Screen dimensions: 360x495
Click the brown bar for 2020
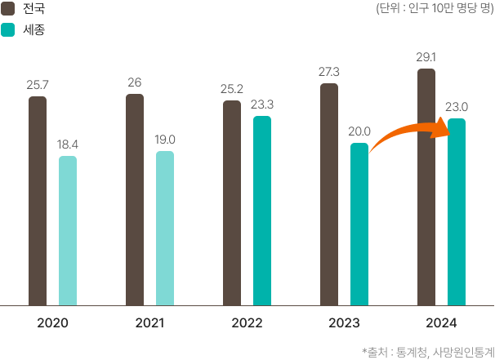click(x=38, y=201)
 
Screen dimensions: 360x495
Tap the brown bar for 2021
click(x=135, y=200)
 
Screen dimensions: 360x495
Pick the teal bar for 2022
click(x=261, y=211)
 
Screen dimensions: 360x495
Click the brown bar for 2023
click(x=329, y=194)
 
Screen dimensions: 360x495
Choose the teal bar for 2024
click(x=457, y=212)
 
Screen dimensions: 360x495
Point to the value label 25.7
click(x=38, y=85)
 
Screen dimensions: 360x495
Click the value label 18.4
click(x=68, y=144)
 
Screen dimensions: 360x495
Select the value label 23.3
click(x=261, y=104)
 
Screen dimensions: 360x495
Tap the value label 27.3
click(x=329, y=72)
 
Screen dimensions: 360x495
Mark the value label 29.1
click(x=426, y=58)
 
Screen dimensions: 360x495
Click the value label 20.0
click(x=359, y=131)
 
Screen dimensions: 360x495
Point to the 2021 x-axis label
click(x=149, y=323)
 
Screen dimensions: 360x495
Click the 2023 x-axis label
click(x=344, y=323)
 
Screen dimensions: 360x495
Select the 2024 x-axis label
click(x=441, y=323)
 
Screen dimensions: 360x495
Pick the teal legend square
click(x=8, y=29)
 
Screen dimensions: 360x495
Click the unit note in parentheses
click(x=434, y=9)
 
